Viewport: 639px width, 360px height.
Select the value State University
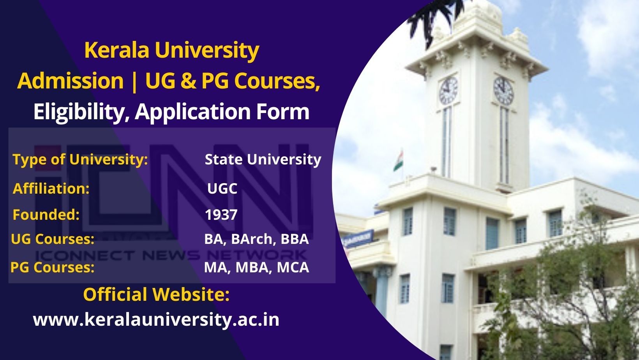click(263, 160)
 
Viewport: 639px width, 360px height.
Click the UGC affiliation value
click(222, 189)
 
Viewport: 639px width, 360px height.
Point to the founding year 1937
click(221, 215)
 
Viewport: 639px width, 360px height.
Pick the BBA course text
click(295, 239)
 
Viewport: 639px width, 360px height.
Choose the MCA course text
click(293, 268)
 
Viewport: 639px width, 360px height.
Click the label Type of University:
click(80, 159)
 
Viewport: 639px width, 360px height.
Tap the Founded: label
click(46, 215)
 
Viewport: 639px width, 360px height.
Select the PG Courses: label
click(53, 268)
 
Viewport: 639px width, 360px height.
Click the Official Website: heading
click(156, 295)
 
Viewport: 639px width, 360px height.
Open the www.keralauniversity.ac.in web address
click(156, 320)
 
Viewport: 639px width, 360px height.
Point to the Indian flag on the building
click(399, 161)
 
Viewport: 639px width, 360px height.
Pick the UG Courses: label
click(53, 239)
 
